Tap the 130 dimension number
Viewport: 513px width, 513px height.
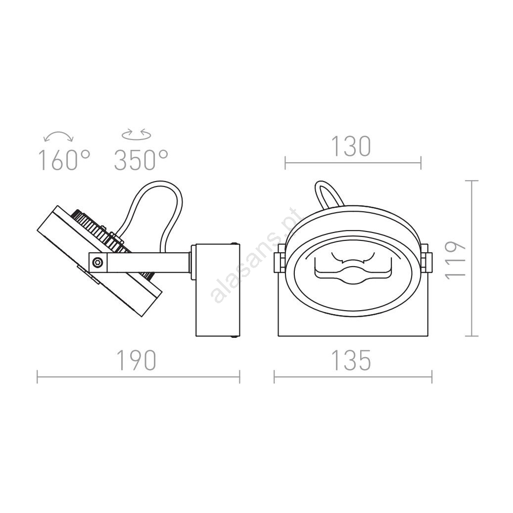coord(351,146)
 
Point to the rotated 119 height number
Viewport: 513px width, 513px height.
coord(456,260)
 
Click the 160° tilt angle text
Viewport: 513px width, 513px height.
coord(64,160)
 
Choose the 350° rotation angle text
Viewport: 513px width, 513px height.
coord(141,160)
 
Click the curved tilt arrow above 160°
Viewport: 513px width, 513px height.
coord(58,135)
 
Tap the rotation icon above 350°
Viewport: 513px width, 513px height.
coord(137,134)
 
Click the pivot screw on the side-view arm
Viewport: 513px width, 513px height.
coord(97,262)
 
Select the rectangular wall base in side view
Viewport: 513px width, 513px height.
coord(218,290)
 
